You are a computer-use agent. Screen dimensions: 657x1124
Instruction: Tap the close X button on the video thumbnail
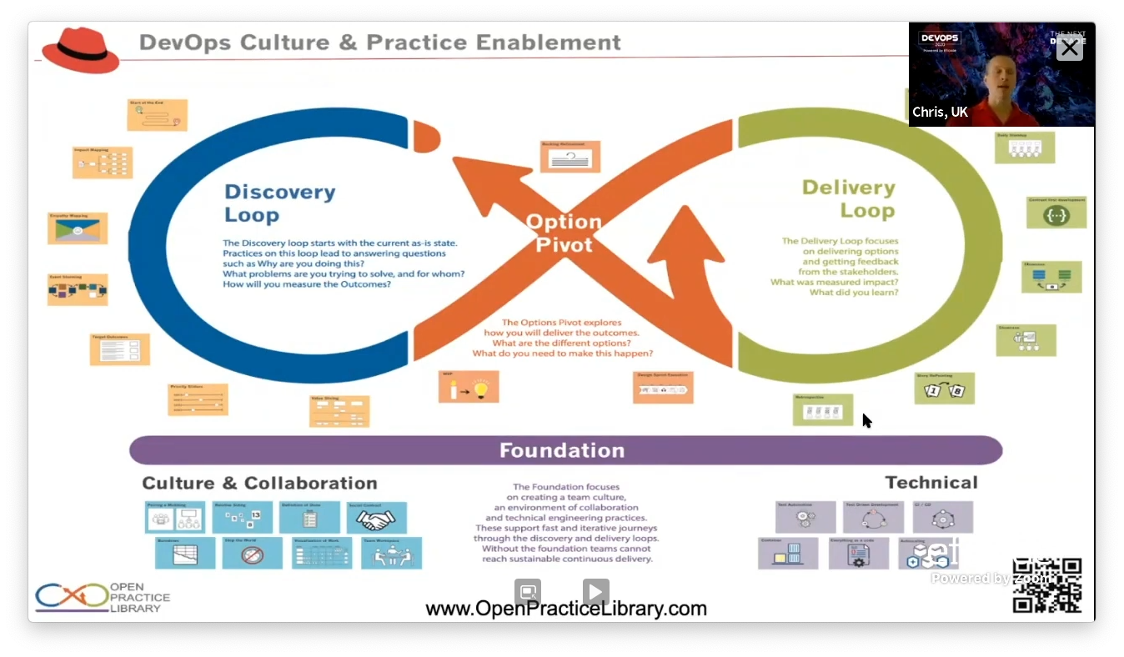coord(1069,48)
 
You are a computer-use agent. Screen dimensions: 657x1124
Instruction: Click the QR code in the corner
coord(1047,585)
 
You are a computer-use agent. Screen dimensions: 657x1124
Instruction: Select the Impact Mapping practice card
coord(103,163)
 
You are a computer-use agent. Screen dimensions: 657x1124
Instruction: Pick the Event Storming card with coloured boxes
coord(78,289)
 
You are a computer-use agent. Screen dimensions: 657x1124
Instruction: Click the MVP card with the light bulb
coord(469,386)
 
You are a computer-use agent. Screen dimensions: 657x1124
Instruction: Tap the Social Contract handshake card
coord(376,518)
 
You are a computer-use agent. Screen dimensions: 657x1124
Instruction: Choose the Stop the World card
coord(252,553)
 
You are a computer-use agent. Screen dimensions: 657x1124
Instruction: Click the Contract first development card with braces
coord(1056,213)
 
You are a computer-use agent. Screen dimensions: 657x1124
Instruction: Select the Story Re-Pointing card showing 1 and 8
coord(944,389)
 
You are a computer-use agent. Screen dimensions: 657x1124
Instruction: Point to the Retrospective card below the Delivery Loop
coord(822,409)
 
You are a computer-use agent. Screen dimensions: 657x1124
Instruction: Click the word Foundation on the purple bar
coord(562,450)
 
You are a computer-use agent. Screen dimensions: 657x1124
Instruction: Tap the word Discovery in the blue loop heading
coord(279,192)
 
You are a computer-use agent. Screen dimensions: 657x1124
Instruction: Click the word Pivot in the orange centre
coord(564,244)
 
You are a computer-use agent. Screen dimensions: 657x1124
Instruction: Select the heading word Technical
coord(931,483)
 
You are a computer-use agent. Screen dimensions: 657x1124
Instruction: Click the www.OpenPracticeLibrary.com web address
coord(566,609)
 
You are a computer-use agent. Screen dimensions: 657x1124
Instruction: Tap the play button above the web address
coord(595,592)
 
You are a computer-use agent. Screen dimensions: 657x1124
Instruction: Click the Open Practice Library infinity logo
coord(72,597)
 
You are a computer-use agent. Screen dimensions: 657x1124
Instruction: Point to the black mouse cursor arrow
coord(866,420)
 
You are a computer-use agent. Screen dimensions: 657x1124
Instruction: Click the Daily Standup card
coord(1025,148)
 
